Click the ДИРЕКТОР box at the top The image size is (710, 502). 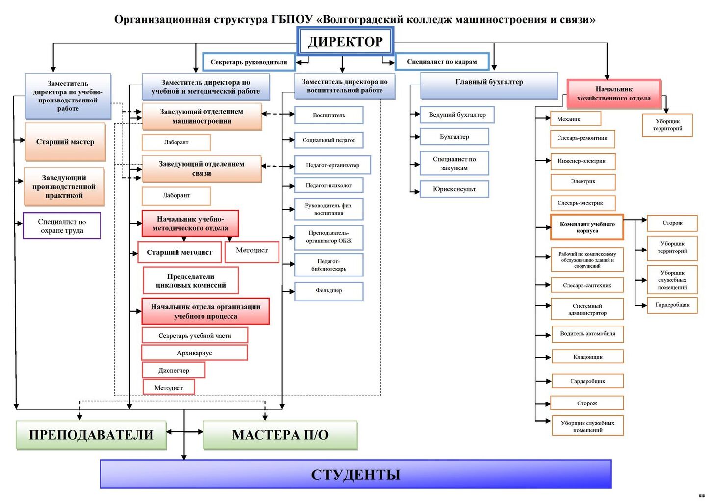point(345,41)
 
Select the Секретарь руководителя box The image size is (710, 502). point(249,62)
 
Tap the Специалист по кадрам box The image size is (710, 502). point(442,62)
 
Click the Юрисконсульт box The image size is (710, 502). point(454,189)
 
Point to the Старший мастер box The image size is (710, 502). point(65,142)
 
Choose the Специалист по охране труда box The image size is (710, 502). point(62,226)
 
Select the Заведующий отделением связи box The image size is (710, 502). point(202,169)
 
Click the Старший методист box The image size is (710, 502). point(179,252)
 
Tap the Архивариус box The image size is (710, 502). point(194,353)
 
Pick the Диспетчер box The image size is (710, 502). point(174,370)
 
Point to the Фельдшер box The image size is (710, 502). point(329,291)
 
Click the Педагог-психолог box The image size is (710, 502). point(329,185)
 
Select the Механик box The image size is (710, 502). point(575,119)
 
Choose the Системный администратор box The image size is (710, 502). point(587,309)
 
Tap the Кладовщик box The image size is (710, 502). point(587,357)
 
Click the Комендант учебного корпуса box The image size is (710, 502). point(587,227)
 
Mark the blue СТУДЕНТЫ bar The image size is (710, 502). point(355,474)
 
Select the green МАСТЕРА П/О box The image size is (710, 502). point(280,435)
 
